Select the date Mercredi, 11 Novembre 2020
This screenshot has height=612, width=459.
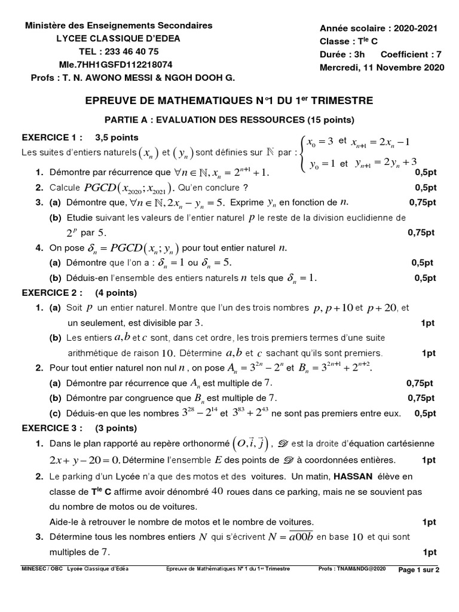point(382,67)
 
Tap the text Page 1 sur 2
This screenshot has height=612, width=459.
point(418,570)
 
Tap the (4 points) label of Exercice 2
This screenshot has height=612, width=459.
point(116,293)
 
